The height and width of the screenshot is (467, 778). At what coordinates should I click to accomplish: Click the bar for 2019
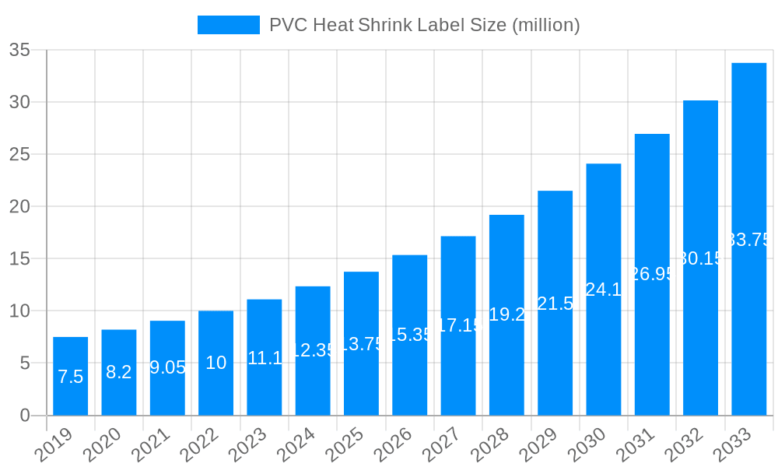click(70, 376)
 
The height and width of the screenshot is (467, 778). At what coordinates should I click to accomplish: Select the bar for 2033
click(748, 239)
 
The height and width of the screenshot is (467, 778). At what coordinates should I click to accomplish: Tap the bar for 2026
click(409, 335)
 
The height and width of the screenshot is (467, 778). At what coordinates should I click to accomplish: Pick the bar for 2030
click(604, 289)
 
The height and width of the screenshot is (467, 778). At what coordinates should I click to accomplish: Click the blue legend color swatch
click(228, 25)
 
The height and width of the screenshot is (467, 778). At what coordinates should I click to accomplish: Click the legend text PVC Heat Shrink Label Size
click(424, 25)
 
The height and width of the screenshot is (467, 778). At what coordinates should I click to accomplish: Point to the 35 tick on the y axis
click(19, 51)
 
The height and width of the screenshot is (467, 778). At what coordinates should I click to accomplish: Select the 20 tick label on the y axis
click(19, 207)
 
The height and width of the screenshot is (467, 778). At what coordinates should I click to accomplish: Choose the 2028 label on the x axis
click(491, 446)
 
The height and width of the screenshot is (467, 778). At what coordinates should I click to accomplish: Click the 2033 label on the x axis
click(733, 446)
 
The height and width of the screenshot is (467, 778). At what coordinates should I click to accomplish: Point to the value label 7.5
click(70, 377)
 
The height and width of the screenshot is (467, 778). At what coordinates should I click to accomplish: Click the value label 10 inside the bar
click(216, 363)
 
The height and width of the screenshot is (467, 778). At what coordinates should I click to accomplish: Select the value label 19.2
click(506, 315)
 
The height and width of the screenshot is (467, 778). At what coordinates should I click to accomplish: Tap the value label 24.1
click(604, 290)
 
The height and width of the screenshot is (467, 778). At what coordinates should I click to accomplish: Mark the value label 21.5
click(555, 304)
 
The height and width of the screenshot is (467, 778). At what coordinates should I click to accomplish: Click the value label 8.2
click(119, 373)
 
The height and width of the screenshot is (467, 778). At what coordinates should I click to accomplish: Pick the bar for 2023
click(264, 357)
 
